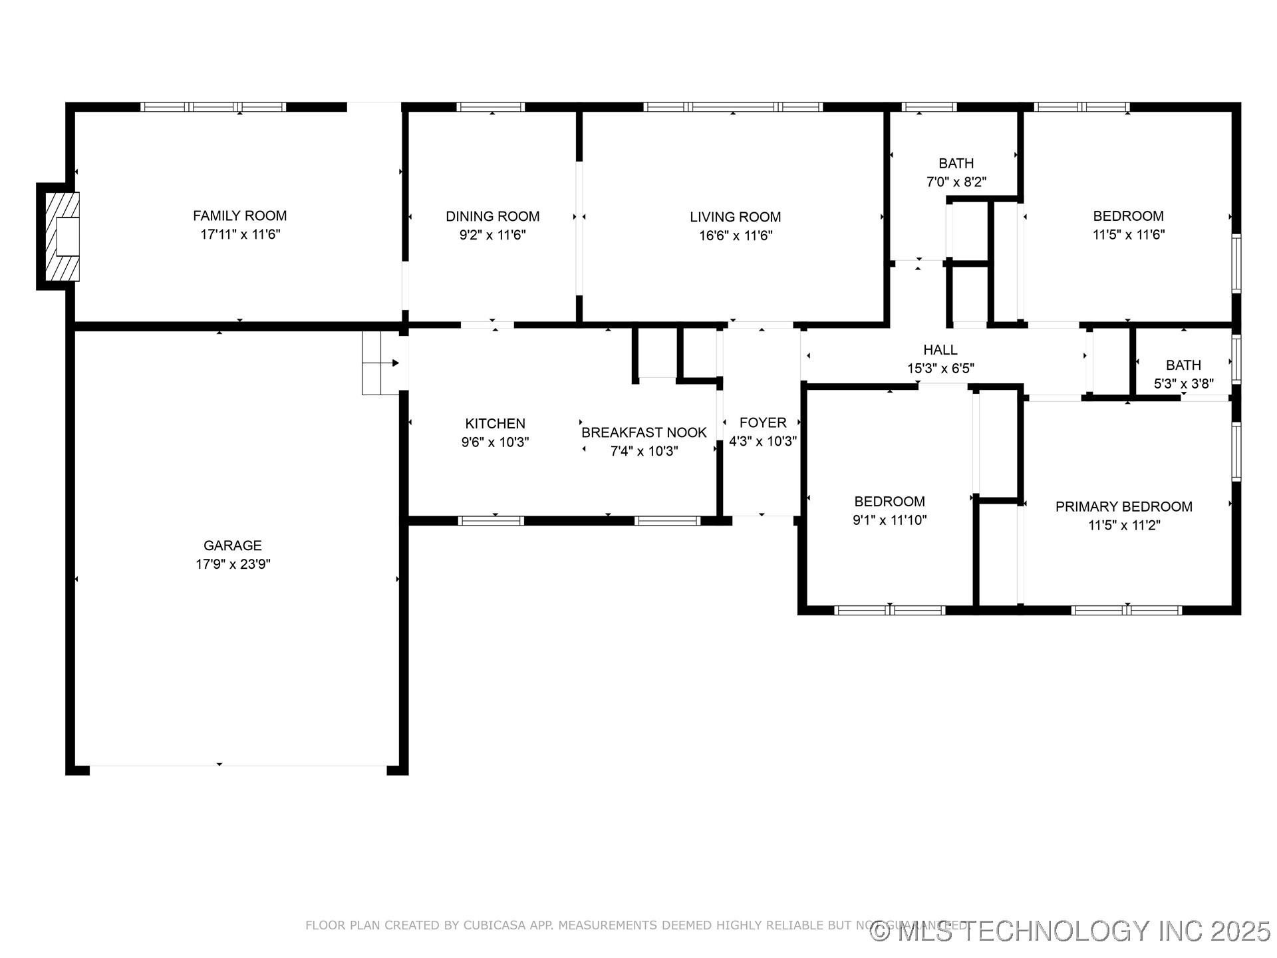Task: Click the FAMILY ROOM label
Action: click(x=239, y=216)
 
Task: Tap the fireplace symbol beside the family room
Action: click(x=62, y=236)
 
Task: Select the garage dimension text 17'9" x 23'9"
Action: click(x=233, y=564)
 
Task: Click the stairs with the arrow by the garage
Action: click(x=381, y=363)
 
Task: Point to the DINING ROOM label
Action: click(x=492, y=216)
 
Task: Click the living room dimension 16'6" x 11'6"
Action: click(x=735, y=236)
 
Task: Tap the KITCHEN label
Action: click(x=495, y=423)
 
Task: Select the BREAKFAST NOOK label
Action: click(x=643, y=432)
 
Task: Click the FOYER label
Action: click(x=762, y=422)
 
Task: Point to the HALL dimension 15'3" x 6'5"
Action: click(x=940, y=369)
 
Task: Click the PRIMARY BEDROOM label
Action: click(x=1123, y=506)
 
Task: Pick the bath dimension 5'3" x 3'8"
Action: click(x=1183, y=384)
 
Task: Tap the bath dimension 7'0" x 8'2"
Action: click(x=956, y=182)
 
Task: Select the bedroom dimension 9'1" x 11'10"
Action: click(x=889, y=520)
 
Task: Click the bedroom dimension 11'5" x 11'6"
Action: click(x=1128, y=234)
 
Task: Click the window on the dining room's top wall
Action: click(x=491, y=106)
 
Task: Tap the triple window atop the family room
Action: click(x=213, y=106)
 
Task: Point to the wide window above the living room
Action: click(x=733, y=106)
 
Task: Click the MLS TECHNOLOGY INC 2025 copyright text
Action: click(x=1071, y=931)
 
